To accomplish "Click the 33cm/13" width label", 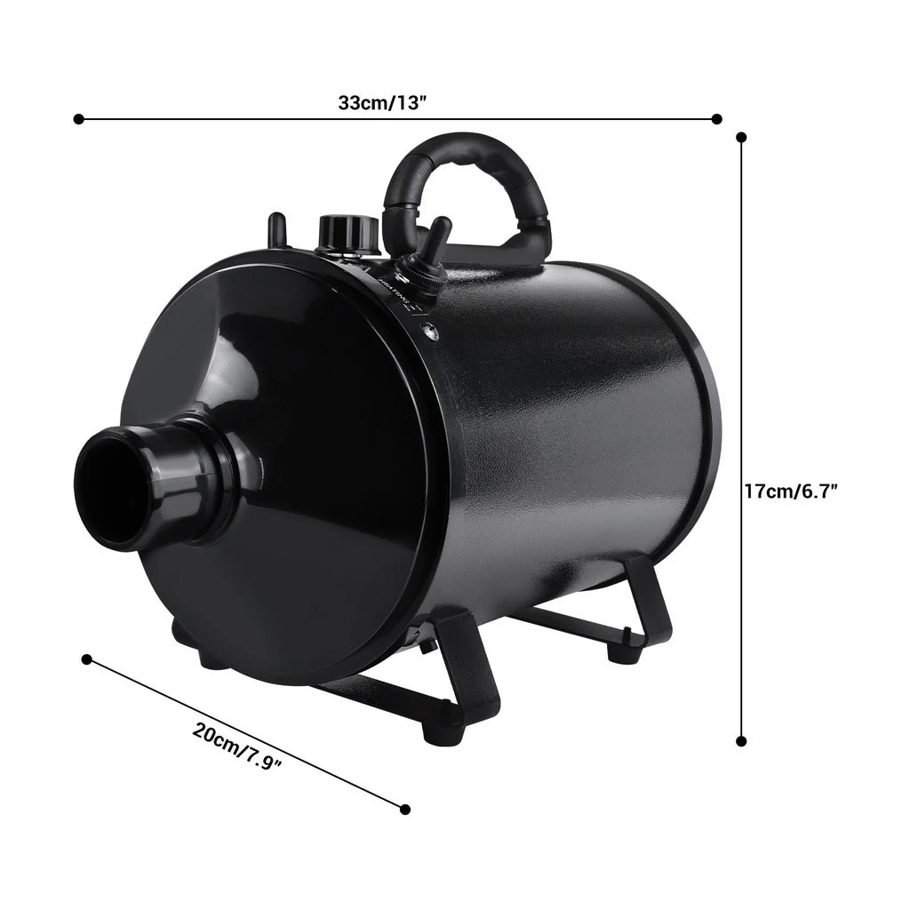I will click(383, 101).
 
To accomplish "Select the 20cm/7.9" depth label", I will click(237, 747).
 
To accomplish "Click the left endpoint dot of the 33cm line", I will click(78, 118).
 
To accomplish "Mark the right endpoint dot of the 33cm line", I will click(717, 118).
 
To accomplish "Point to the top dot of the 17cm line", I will click(741, 137).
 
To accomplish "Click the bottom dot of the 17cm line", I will click(741, 740).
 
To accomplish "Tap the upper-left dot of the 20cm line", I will click(86, 659).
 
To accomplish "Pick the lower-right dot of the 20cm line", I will click(405, 809).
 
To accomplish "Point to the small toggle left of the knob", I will click(276, 228).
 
